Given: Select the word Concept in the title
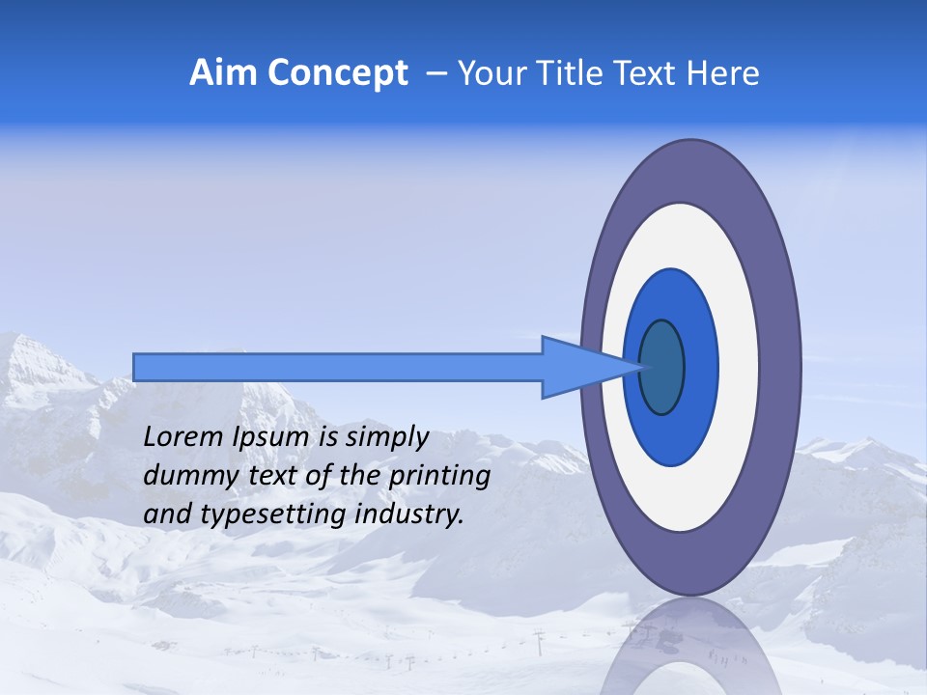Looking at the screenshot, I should click(x=338, y=73).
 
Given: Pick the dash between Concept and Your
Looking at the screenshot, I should click(x=435, y=74).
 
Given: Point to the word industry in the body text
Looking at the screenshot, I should click(x=409, y=514).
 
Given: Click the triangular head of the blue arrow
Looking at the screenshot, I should click(x=579, y=367).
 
